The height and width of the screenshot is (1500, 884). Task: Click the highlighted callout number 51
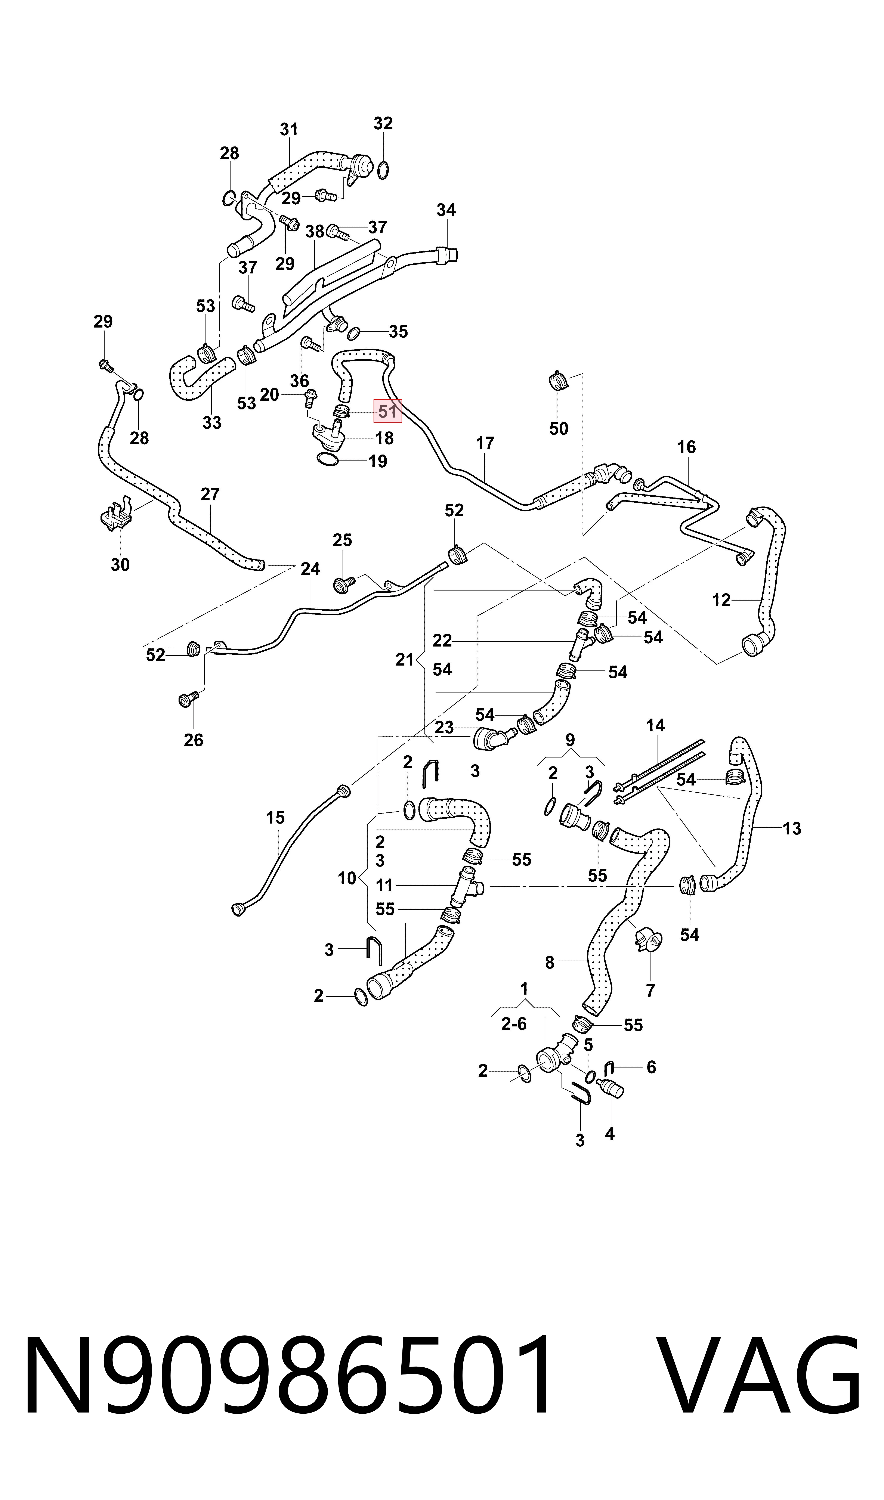click(x=388, y=411)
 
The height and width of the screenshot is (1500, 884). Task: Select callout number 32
click(x=383, y=123)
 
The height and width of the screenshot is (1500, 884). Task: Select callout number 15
click(x=275, y=818)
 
